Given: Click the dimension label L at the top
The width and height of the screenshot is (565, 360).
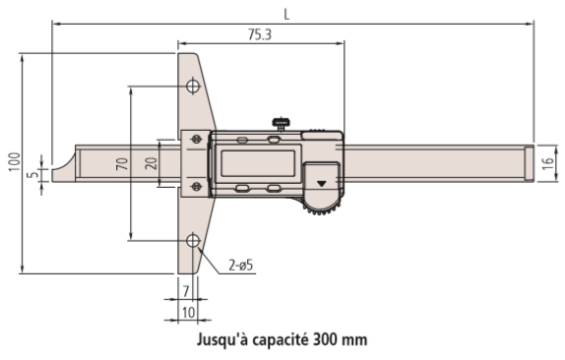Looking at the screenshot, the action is [286, 15].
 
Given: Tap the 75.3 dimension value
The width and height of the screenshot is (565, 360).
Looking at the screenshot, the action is [260, 34].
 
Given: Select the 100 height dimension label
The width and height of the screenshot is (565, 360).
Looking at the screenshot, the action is [15, 162].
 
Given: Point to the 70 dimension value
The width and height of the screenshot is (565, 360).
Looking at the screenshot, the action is [122, 164].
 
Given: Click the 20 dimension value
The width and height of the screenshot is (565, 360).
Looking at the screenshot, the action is [152, 163].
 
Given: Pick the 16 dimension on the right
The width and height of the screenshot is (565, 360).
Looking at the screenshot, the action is [547, 163].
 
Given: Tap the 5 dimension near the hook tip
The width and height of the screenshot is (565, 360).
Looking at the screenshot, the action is [33, 175].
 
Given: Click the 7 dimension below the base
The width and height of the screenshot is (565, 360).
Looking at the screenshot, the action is [186, 291].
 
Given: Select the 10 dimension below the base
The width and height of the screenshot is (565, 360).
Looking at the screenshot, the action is [188, 313].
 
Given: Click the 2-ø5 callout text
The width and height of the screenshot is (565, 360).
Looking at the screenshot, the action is [241, 266].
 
